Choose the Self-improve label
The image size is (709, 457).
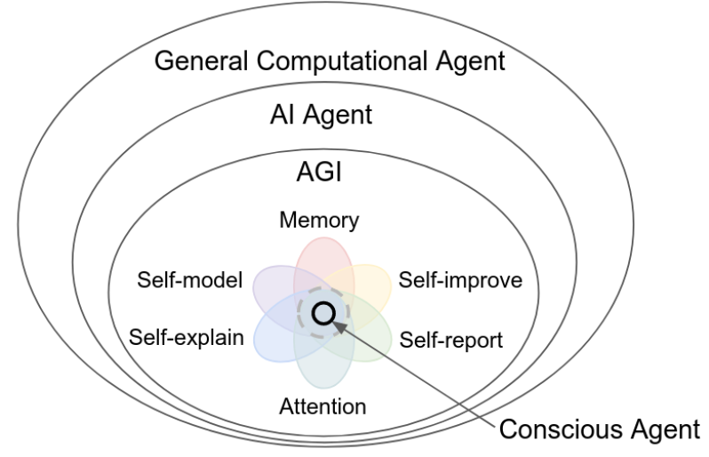[458, 281]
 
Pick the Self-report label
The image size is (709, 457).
[451, 339]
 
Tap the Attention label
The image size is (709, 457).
[322, 408]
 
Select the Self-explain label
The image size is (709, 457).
[186, 339]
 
